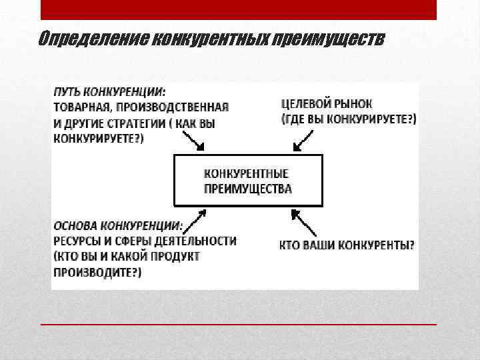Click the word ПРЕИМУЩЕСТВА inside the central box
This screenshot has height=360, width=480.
click(x=247, y=189)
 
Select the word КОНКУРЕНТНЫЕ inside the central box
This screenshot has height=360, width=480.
click(x=246, y=173)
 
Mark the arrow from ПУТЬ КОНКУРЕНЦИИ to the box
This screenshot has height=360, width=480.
click(x=193, y=141)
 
